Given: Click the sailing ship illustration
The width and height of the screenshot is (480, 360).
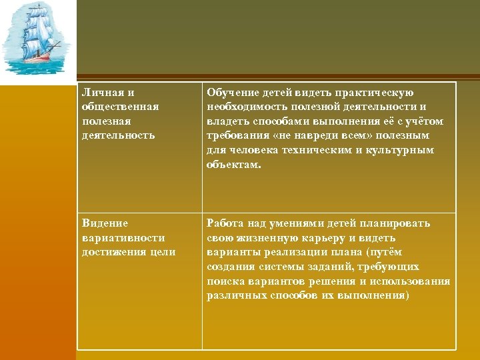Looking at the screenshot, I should [37, 40].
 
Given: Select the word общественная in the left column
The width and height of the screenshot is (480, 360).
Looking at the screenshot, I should [119, 107].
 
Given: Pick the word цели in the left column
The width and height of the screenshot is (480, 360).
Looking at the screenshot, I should [163, 251].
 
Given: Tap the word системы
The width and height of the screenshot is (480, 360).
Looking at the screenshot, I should [278, 267].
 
